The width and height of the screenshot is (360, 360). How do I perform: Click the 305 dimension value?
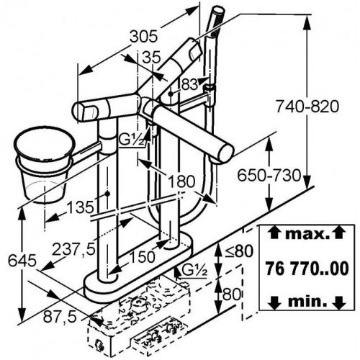144,37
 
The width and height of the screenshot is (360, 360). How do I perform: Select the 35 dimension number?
151,58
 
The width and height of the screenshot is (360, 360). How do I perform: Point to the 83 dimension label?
189,84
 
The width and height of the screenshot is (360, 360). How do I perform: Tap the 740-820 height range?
307,107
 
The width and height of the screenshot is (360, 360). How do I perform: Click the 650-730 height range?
269,175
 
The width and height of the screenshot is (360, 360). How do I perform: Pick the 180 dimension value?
181,181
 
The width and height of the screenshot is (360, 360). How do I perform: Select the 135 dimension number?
80,207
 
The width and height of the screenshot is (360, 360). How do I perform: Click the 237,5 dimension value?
73,249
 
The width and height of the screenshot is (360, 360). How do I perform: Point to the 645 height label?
22,261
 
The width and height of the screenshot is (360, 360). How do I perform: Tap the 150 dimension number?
142,257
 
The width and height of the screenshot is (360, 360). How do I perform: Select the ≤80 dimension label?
238,251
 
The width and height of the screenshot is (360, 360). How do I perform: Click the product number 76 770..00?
307,269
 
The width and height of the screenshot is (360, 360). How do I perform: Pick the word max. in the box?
307,234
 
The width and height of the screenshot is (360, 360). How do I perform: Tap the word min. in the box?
307,302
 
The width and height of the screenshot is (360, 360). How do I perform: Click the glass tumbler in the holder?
45,166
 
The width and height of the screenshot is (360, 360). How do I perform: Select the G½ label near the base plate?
194,271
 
